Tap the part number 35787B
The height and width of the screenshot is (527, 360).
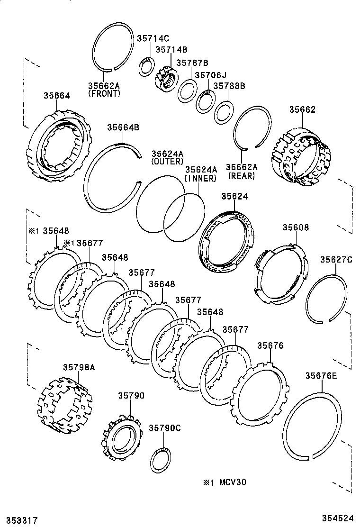click(192, 63)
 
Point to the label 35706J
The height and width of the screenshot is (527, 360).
click(211, 75)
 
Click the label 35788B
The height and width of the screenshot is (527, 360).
click(229, 86)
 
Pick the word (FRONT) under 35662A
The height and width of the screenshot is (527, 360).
click(104, 94)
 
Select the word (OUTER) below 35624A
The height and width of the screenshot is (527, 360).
click(167, 162)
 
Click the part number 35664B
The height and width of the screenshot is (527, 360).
click(123, 127)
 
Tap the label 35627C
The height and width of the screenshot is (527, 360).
click(336, 259)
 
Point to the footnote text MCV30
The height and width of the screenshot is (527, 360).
click(232, 482)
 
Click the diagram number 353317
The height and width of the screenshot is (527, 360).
click(19, 520)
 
